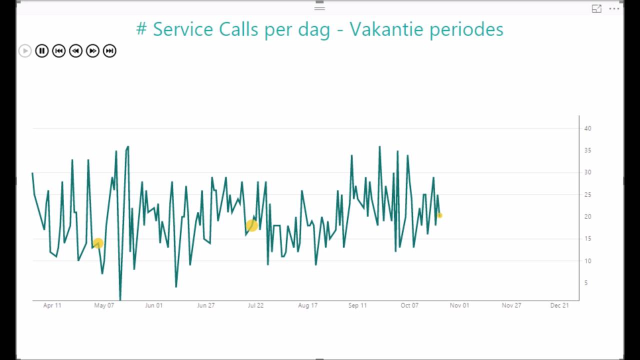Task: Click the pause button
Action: tap(42, 51)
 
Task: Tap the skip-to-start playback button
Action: tap(59, 51)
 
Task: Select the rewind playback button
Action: tap(76, 51)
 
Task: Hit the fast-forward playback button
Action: tap(92, 51)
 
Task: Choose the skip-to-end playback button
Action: tap(109, 51)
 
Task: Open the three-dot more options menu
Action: tap(614, 8)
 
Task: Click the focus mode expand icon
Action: tap(596, 8)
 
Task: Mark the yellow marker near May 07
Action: tap(98, 243)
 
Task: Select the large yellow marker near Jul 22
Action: tap(252, 225)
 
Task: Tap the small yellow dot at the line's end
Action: tap(440, 215)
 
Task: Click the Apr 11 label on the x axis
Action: tap(52, 305)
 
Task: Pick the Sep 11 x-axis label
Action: tap(357, 305)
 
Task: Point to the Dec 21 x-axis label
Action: tap(559, 305)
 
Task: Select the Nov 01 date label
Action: tap(459, 305)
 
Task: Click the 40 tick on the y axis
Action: tap(587, 128)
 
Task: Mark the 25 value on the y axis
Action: tap(587, 194)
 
